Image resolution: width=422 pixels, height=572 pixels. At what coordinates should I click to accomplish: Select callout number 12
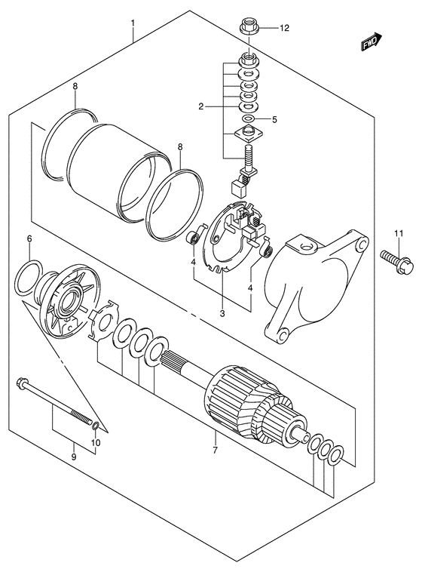pyautogui.click(x=285, y=29)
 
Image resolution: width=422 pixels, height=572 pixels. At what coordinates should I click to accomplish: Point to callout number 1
pyautogui.click(x=133, y=23)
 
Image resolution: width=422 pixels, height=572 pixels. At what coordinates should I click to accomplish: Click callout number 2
pyautogui.click(x=201, y=106)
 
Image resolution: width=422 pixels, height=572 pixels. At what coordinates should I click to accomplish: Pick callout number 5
pyautogui.click(x=275, y=119)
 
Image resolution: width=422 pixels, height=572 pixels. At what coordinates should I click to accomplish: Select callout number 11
pyautogui.click(x=400, y=234)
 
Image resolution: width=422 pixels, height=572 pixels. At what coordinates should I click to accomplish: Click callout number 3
pyautogui.click(x=222, y=313)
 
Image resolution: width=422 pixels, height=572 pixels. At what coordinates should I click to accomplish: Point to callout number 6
pyautogui.click(x=29, y=239)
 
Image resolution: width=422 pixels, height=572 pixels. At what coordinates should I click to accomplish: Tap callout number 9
pyautogui.click(x=73, y=457)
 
